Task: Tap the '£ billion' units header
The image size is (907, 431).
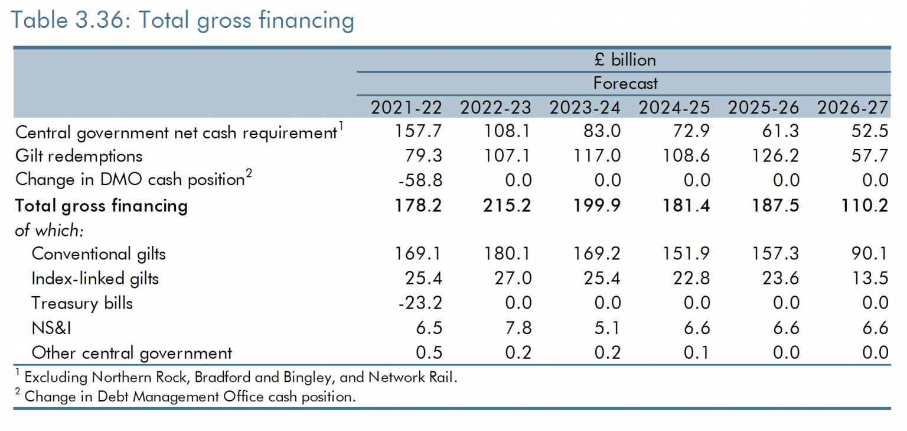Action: click(625, 60)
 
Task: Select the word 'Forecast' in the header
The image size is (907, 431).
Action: click(625, 83)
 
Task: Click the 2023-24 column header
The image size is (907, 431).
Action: click(585, 108)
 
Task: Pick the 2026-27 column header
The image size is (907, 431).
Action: click(852, 108)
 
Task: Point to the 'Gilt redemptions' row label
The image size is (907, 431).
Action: click(79, 156)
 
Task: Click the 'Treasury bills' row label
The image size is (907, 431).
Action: click(82, 303)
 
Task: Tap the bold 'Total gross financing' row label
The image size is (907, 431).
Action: click(101, 206)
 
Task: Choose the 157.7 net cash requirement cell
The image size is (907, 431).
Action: click(418, 132)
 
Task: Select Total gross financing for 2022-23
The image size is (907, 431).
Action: click(507, 206)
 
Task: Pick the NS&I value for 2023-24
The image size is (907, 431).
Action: click(608, 328)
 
